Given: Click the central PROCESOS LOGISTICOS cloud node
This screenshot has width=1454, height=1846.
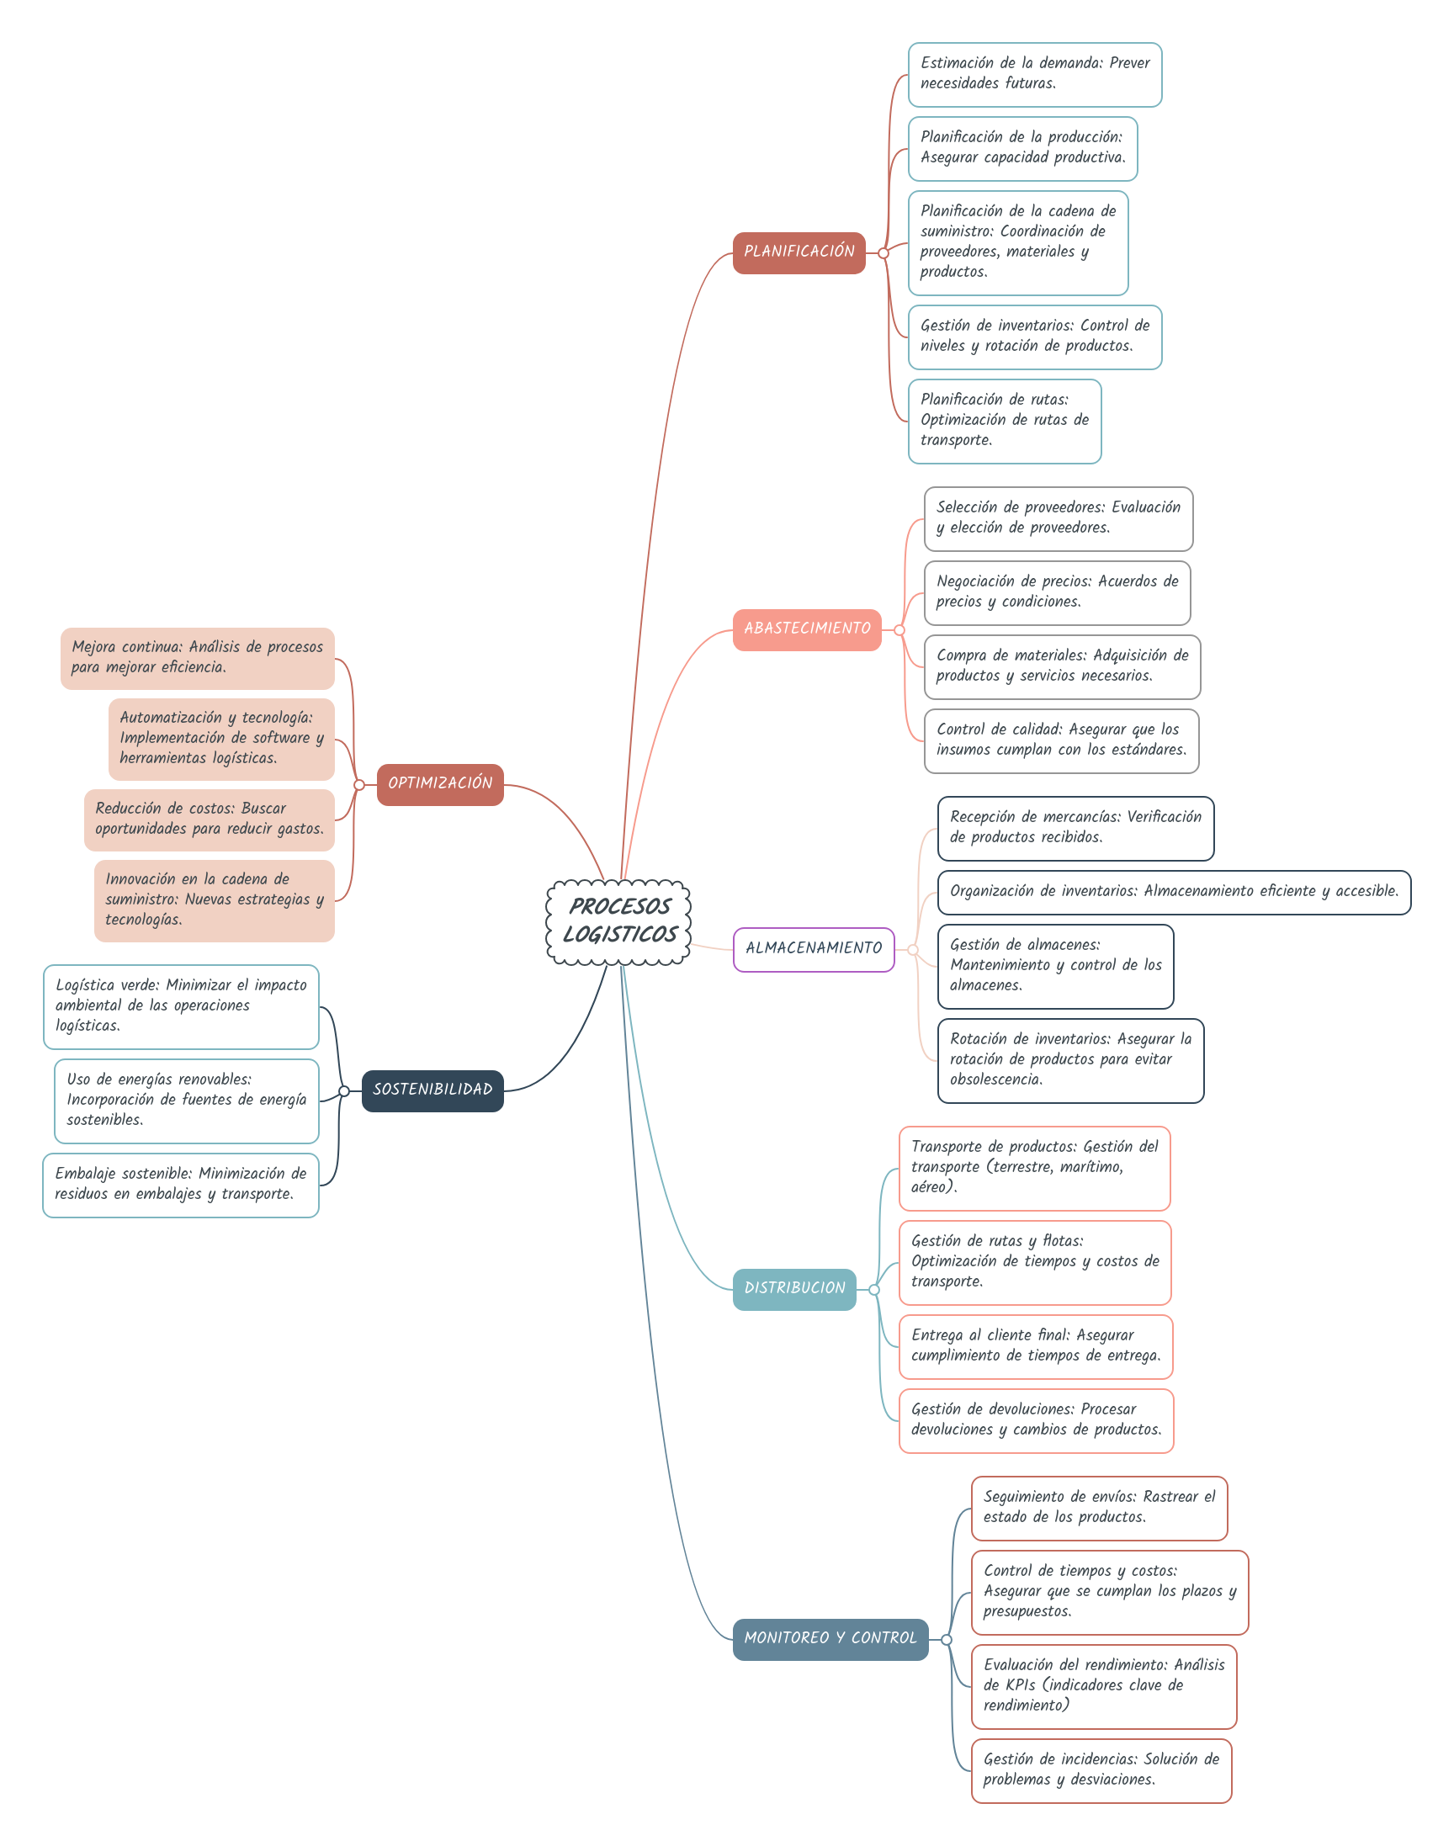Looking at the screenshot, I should (619, 921).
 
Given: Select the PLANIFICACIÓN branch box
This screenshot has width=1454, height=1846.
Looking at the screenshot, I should (799, 252).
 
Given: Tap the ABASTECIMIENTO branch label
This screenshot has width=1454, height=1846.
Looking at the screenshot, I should (807, 630).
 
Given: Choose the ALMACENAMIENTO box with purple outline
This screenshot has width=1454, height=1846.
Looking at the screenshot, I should (813, 949).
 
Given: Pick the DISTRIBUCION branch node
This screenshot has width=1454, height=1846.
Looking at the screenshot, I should (794, 1289).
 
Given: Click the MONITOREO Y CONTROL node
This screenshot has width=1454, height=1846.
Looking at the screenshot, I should (830, 1639).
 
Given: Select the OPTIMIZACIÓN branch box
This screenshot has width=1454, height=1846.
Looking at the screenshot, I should (440, 785).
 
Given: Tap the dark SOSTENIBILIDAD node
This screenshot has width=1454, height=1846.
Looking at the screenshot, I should (432, 1090).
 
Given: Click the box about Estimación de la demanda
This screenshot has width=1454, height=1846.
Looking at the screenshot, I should (1034, 75).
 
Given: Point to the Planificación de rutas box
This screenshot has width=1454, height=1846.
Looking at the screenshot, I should (1005, 422).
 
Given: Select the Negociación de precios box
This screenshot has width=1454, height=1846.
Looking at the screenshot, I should (1057, 592).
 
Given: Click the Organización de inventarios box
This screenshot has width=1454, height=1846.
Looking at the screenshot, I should (1173, 892).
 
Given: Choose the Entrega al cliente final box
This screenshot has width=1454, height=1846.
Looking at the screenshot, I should (1035, 1346).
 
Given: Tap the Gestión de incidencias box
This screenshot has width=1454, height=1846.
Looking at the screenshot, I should (1101, 1770).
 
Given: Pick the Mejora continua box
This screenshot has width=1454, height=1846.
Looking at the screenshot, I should (198, 658).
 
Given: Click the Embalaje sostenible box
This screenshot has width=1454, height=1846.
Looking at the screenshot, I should (180, 1185).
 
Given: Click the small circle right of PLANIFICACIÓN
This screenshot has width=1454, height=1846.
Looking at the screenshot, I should (884, 253).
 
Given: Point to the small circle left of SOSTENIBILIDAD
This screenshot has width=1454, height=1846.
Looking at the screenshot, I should (344, 1091).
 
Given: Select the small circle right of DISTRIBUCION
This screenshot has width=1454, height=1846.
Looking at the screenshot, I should (874, 1290).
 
